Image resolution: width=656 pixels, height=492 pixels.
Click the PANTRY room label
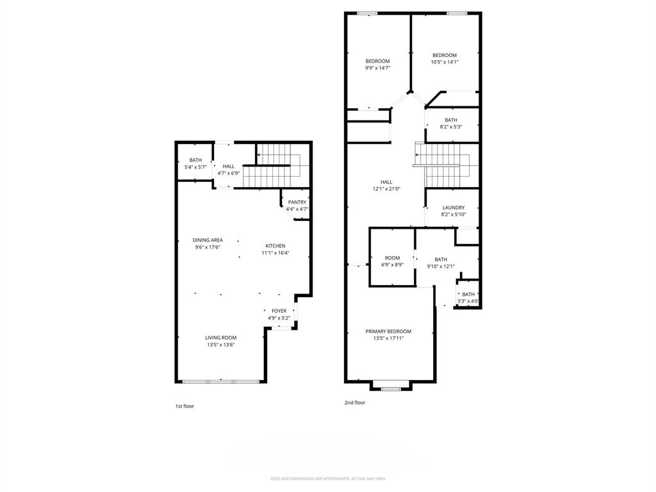point(297,202)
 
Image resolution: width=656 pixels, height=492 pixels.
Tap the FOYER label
point(279,311)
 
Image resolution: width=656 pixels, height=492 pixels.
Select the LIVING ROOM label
point(221,338)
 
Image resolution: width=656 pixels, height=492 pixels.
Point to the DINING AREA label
point(208,240)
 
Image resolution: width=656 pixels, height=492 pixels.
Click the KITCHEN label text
point(275,246)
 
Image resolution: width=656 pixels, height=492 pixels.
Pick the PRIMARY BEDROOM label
point(388,331)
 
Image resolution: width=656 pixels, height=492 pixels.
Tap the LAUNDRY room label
point(453,208)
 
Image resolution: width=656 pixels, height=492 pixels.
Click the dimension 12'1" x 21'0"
point(386,189)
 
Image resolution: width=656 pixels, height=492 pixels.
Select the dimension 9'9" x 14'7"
point(377,68)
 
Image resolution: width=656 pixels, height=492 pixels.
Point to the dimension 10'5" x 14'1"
point(445,62)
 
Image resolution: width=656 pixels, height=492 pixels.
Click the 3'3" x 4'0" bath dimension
point(468,301)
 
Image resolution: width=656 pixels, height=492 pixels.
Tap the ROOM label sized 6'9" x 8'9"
point(392,258)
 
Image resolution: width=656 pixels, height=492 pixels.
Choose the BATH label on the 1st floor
point(195,160)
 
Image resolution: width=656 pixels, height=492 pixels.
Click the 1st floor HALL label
point(228,167)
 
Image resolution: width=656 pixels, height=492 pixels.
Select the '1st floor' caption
point(184,406)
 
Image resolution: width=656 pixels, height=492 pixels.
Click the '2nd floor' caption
point(355,403)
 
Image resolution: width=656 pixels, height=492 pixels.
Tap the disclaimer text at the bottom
point(328,479)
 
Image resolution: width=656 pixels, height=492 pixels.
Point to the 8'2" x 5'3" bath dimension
point(451,127)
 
